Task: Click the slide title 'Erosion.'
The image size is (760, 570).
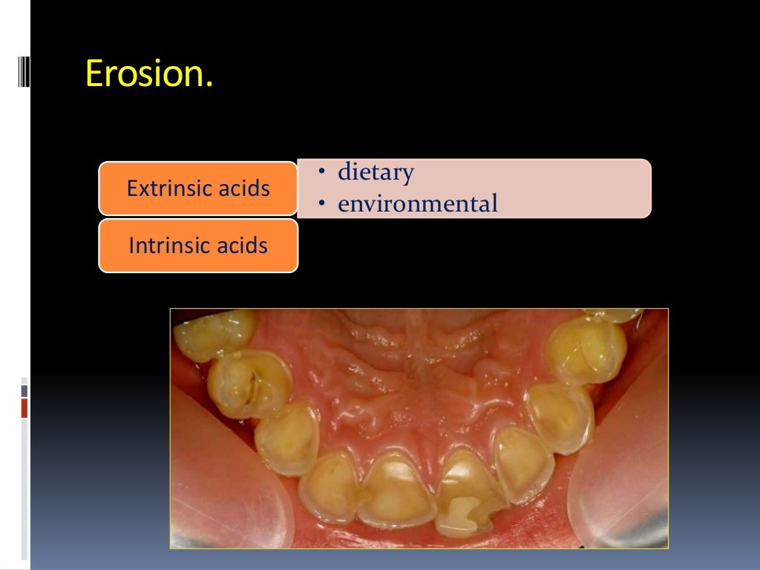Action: (149, 73)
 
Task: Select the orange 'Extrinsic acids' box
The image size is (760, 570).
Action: (197, 189)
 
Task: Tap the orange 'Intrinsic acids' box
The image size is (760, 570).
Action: (197, 245)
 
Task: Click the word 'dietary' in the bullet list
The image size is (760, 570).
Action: (376, 172)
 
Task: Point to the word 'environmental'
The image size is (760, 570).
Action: (418, 203)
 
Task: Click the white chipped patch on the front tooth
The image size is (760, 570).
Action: (465, 512)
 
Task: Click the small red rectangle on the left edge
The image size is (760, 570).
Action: (24, 407)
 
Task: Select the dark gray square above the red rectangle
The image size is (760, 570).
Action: (24, 390)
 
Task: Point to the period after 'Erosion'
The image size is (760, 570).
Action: (209, 83)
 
